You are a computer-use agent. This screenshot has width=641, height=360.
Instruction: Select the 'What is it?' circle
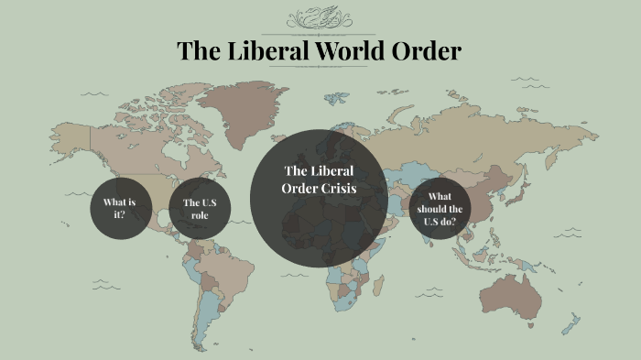[x=119, y=209]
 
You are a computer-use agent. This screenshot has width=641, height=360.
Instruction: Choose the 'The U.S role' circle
[x=200, y=209]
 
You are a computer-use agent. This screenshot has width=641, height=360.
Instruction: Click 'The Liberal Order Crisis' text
[x=319, y=180]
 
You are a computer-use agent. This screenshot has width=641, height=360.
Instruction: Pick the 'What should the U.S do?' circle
[x=440, y=209]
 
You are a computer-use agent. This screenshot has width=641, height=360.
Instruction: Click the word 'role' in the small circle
[x=200, y=215]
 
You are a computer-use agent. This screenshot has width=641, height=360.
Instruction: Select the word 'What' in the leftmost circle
[x=113, y=202]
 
